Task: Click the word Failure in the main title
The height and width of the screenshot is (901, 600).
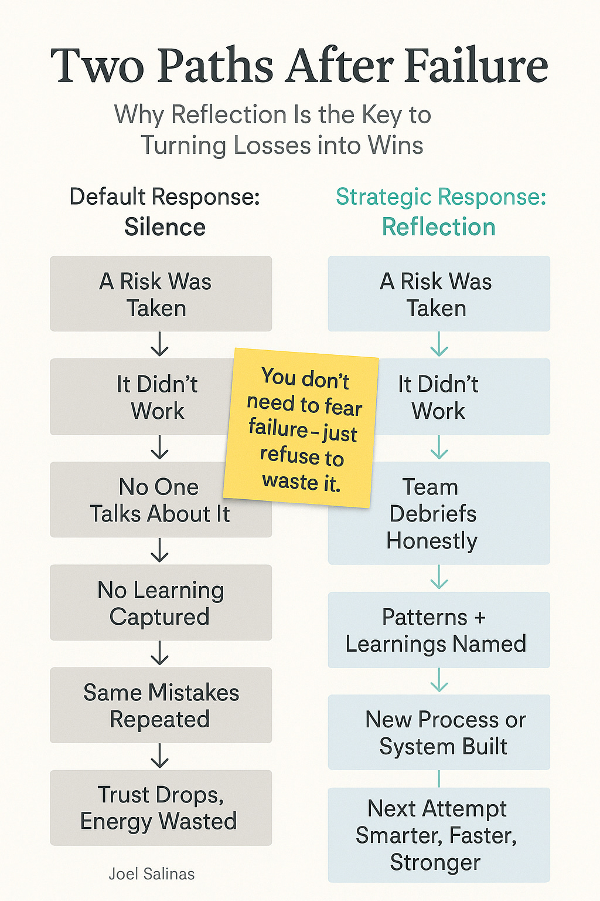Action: pyautogui.click(x=476, y=66)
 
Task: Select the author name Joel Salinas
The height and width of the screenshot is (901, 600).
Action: pyautogui.click(x=152, y=874)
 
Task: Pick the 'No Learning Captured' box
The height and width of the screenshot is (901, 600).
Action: pyautogui.click(x=161, y=602)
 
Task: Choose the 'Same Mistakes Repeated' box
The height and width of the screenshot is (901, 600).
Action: pyautogui.click(x=161, y=705)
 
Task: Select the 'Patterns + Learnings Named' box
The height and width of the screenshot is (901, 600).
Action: pyautogui.click(x=438, y=630)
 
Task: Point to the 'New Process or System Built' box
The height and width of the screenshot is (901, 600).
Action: pyautogui.click(x=438, y=732)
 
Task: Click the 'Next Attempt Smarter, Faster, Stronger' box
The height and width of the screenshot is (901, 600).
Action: pyautogui.click(x=438, y=835)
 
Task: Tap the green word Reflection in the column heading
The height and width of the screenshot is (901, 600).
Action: pyautogui.click(x=438, y=227)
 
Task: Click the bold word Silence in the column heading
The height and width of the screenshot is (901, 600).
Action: pyautogui.click(x=165, y=227)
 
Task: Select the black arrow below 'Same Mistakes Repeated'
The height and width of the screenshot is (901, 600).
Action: pyautogui.click(x=159, y=756)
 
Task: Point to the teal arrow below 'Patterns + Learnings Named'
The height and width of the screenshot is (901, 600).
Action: pyautogui.click(x=439, y=681)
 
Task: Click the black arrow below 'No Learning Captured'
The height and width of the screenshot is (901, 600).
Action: pyautogui.click(x=159, y=653)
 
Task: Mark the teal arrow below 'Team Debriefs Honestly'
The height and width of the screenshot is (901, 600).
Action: pyautogui.click(x=439, y=578)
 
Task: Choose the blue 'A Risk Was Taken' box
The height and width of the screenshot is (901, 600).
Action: pyautogui.click(x=438, y=294)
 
